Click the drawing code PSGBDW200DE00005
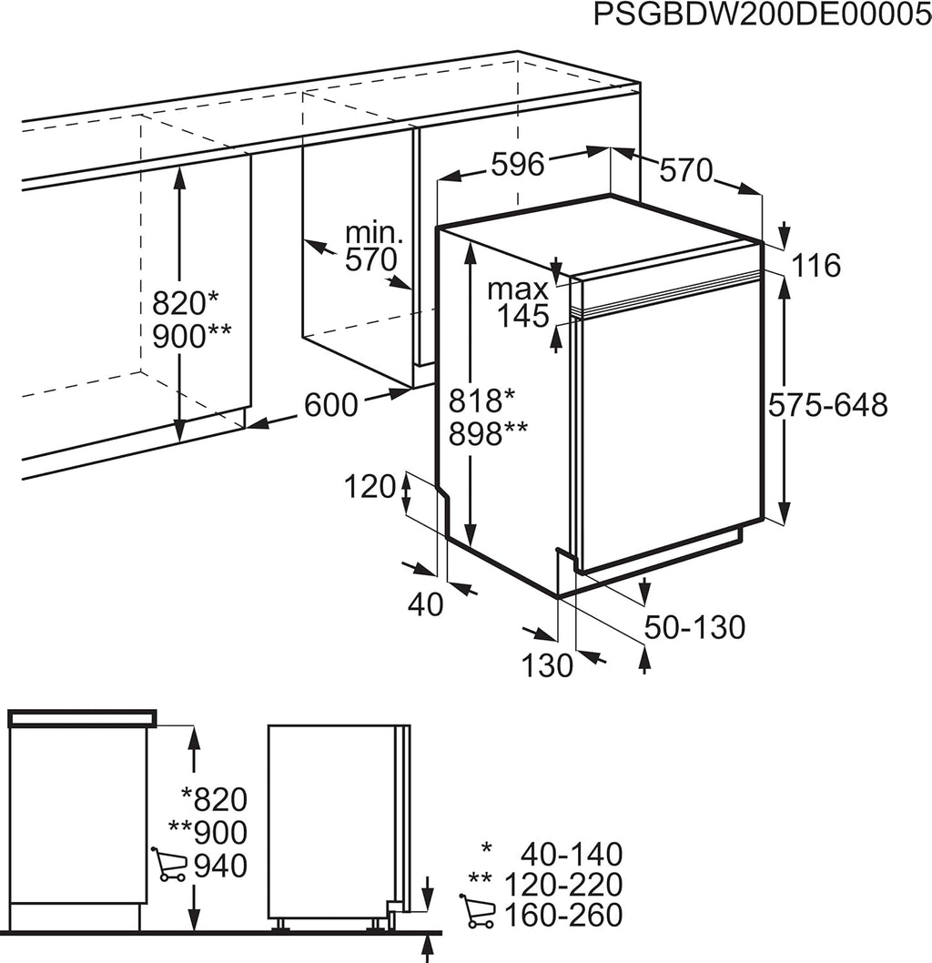[x=762, y=15]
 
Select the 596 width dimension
[x=518, y=165]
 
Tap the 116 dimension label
[x=816, y=265]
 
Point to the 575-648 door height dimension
[x=828, y=405]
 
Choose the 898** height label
[x=488, y=433]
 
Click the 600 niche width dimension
[x=331, y=405]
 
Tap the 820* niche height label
[x=185, y=303]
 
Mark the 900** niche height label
[x=191, y=336]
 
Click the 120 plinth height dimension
[x=369, y=487]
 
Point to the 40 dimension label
[x=425, y=605]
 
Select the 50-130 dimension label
[x=694, y=627]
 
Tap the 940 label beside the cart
[x=220, y=866]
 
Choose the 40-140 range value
[x=572, y=855]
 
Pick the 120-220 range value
[x=563, y=885]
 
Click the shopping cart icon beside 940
[x=168, y=864]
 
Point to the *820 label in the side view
[x=214, y=800]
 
